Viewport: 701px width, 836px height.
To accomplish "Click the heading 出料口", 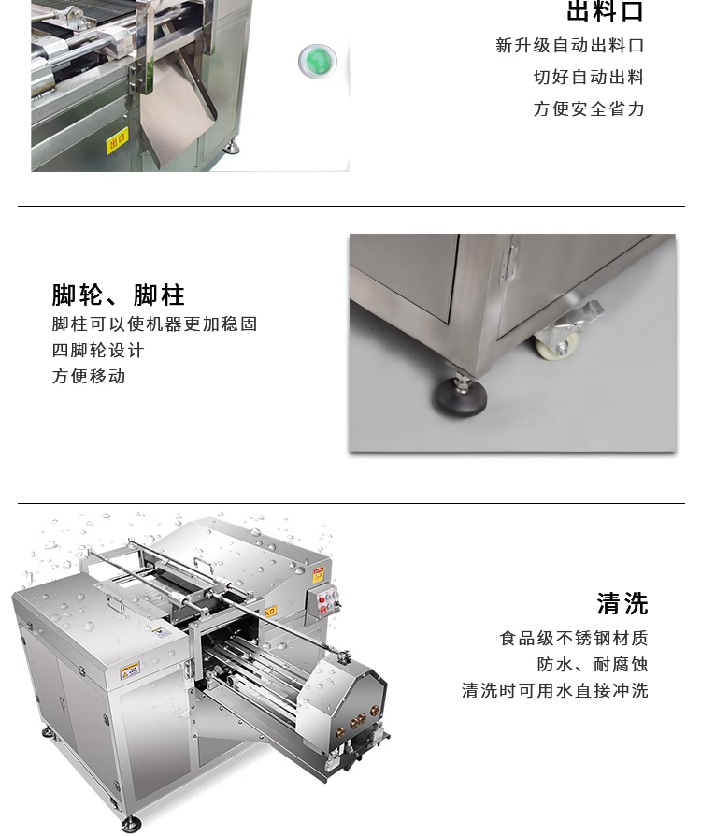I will click(x=605, y=12).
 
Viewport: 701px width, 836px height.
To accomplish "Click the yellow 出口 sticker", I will click(x=117, y=142).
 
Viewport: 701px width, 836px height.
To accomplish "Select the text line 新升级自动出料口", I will click(x=569, y=45).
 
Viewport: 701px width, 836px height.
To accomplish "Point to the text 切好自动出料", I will click(x=589, y=77).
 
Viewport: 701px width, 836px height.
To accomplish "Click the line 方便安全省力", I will click(x=589, y=108).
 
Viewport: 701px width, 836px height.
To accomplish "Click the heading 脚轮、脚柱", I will click(x=119, y=295).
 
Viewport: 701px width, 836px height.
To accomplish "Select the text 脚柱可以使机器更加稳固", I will click(x=154, y=324).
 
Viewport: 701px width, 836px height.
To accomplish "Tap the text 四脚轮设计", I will click(x=98, y=351).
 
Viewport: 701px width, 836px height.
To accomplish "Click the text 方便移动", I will click(x=89, y=377).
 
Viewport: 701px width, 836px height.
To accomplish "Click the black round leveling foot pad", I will click(x=459, y=400).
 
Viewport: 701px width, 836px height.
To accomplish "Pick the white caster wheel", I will click(x=556, y=345).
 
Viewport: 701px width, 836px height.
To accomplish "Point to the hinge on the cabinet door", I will click(x=507, y=261).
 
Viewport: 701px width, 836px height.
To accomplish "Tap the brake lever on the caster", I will click(x=583, y=314).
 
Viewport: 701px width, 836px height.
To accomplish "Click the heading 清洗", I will click(x=622, y=603).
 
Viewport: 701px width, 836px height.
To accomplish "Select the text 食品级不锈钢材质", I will click(x=574, y=639).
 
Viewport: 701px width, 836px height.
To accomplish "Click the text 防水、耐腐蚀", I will click(x=592, y=665).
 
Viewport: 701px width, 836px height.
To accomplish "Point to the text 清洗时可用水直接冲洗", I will click(x=554, y=691).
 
